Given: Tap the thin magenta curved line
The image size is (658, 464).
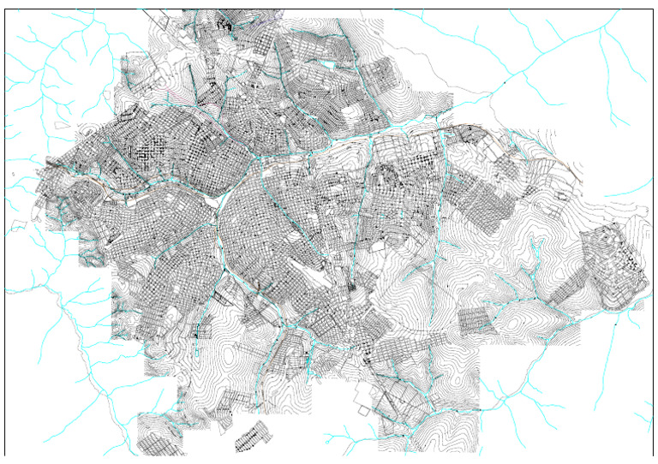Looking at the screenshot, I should click(171, 86).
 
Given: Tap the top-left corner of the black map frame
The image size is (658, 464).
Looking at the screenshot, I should click(5, 10).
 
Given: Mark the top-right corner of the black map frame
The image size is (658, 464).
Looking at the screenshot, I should click(654, 10).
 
